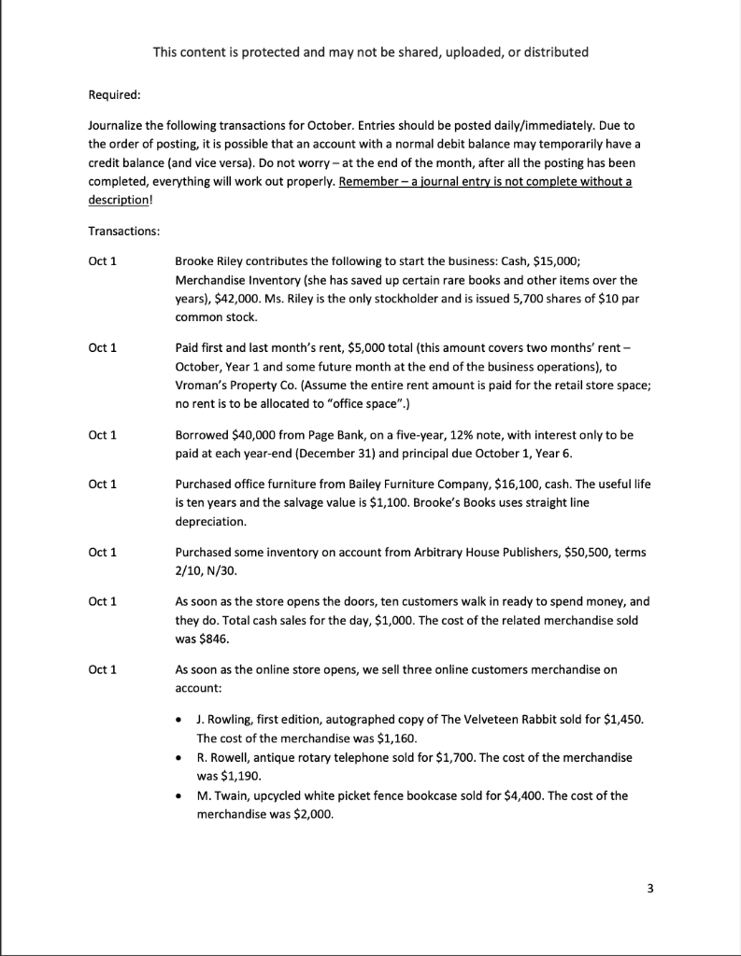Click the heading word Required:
[x=114, y=94]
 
